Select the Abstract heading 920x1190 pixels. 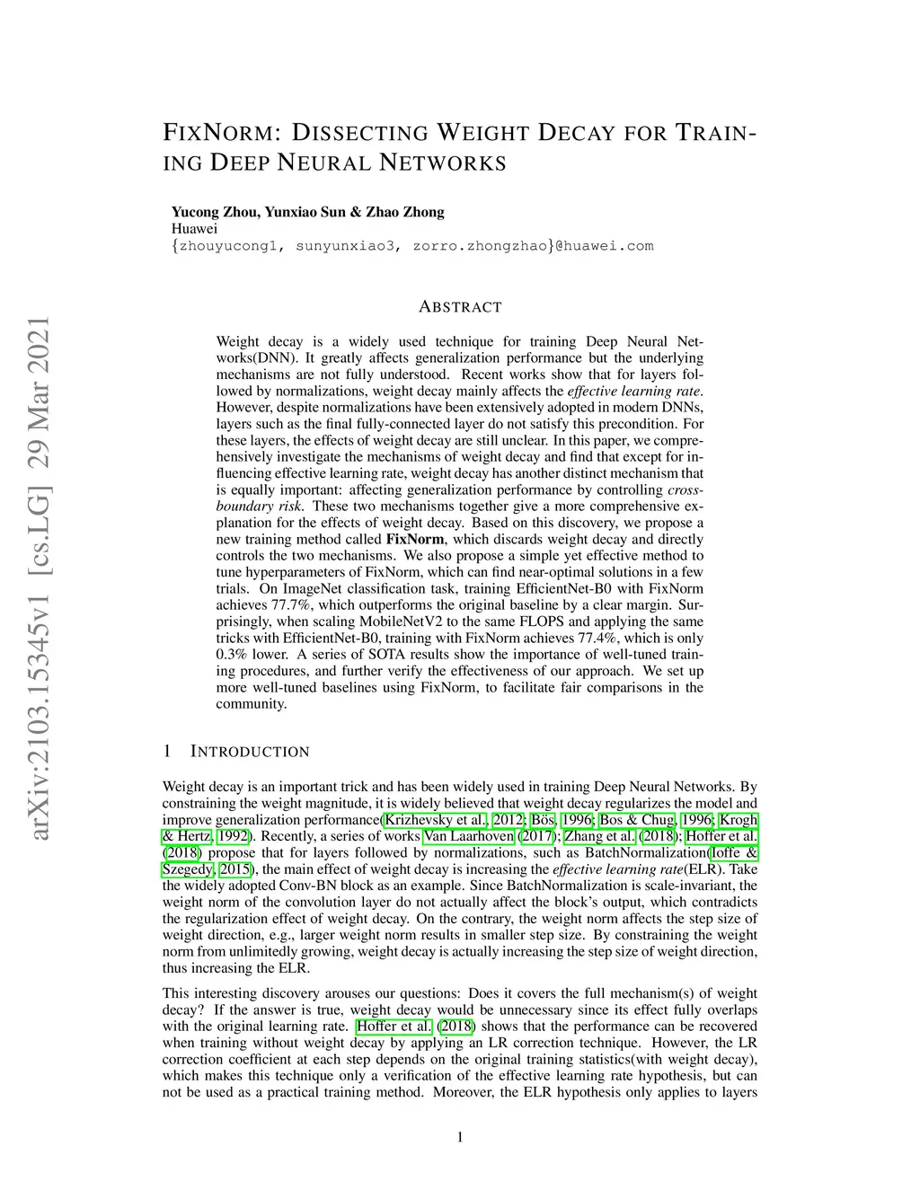coord(460,307)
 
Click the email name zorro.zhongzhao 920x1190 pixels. coord(479,245)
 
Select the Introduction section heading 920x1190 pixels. coord(250,752)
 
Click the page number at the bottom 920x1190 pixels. coord(460,1138)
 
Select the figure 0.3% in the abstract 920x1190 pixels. coord(234,655)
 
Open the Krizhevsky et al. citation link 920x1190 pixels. coord(436,820)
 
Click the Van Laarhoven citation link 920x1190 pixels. coord(469,836)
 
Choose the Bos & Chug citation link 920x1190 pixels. coord(637,820)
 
